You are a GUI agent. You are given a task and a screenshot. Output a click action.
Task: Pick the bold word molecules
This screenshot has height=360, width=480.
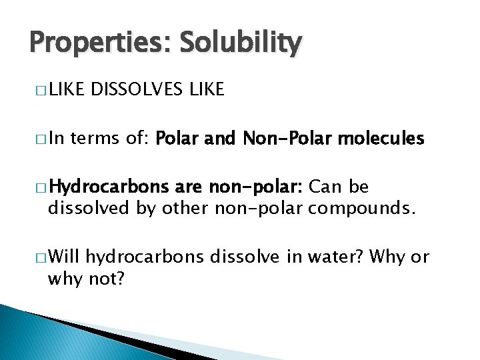[381, 139]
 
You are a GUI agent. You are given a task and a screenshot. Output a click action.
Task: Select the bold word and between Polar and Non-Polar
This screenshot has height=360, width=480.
[219, 139]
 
